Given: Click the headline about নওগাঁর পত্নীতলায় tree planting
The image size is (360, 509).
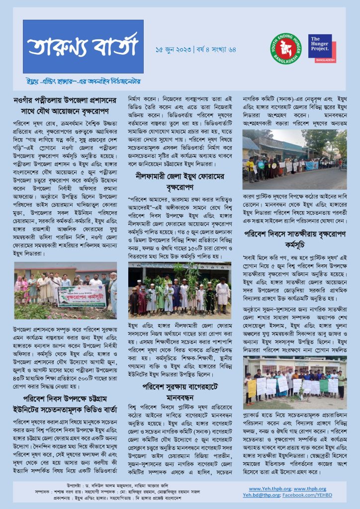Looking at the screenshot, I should pos(68,105).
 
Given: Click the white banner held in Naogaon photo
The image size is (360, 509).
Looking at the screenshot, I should pos(81,296).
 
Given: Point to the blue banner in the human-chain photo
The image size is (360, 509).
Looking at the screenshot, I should pos(312,166).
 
